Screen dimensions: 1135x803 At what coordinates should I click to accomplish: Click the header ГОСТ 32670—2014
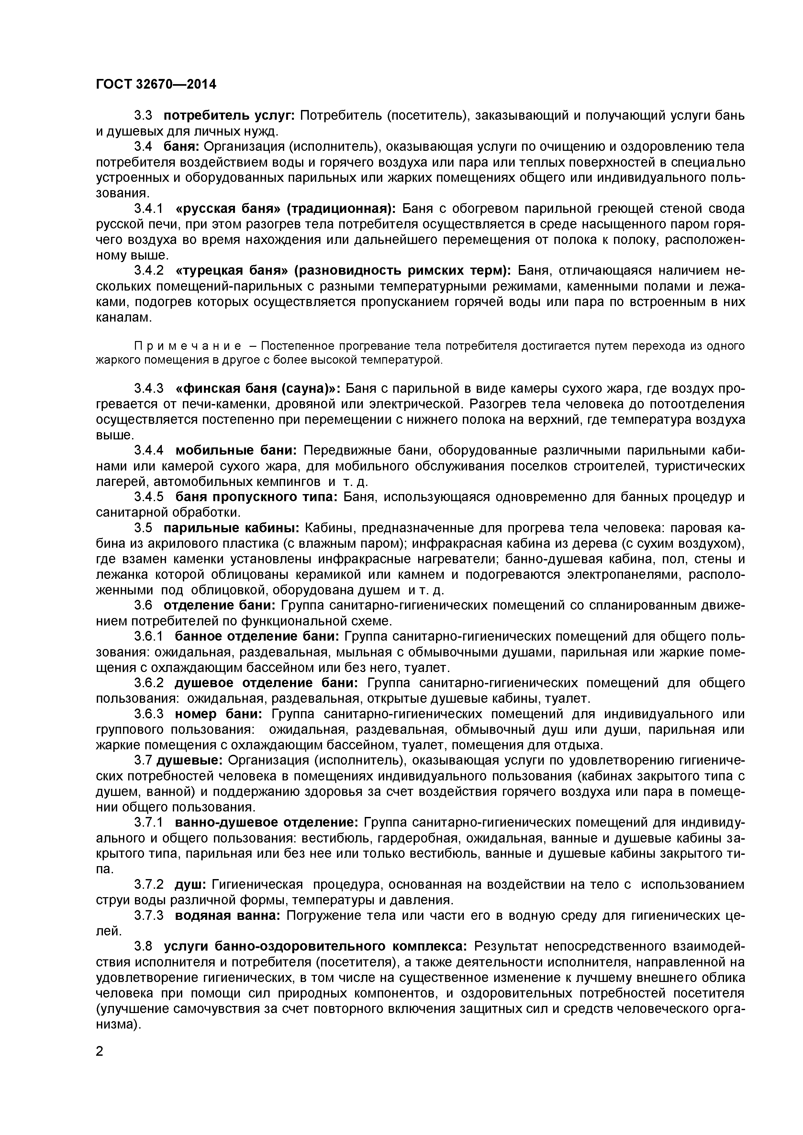coord(156,84)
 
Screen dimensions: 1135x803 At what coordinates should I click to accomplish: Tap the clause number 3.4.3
coord(148,389)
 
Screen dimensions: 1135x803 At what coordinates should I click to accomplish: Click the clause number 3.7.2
coord(148,884)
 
